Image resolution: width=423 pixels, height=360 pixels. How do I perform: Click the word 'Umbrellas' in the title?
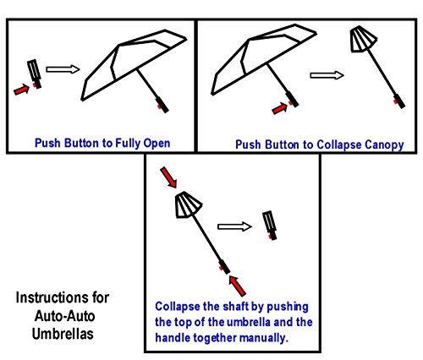coord(63,334)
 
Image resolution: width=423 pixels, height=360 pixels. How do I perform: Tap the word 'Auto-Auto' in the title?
coord(64,316)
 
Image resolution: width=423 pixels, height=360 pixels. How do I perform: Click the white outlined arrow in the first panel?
coord(63,69)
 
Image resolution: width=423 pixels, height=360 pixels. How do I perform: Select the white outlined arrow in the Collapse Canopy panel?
coord(327,75)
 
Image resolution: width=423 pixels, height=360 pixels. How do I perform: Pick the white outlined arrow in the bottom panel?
coord(234,226)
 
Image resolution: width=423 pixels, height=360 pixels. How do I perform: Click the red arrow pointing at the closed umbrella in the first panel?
coord(22,90)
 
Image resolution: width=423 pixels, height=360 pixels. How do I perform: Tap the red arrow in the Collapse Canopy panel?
coord(279,108)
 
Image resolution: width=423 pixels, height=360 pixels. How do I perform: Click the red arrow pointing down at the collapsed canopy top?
coord(168,177)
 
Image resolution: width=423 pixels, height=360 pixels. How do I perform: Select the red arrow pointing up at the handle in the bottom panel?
coord(237,286)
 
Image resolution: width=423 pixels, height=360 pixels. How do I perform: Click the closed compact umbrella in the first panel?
coord(35,74)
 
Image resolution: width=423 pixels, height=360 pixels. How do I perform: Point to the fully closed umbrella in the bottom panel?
coord(270,226)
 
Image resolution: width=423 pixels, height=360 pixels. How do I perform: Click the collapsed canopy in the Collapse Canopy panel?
coord(363,39)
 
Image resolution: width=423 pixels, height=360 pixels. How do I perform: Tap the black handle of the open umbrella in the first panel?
coord(162,105)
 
